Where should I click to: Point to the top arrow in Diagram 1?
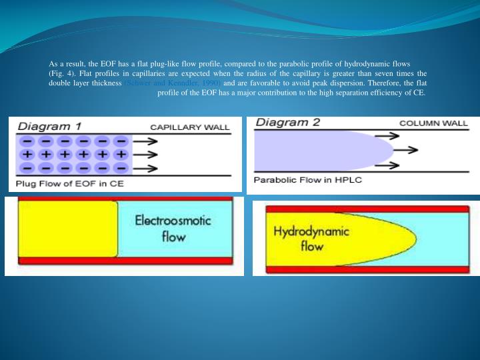(x=149, y=141)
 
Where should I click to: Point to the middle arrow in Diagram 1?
(x=149, y=154)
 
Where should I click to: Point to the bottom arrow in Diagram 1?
(x=149, y=167)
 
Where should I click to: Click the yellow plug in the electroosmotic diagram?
(x=67, y=228)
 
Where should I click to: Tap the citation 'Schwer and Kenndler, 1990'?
(x=173, y=83)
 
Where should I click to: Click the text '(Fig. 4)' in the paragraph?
(x=62, y=73)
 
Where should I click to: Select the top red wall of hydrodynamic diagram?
(x=365, y=208)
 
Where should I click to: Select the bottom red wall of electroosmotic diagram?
(x=125, y=261)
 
